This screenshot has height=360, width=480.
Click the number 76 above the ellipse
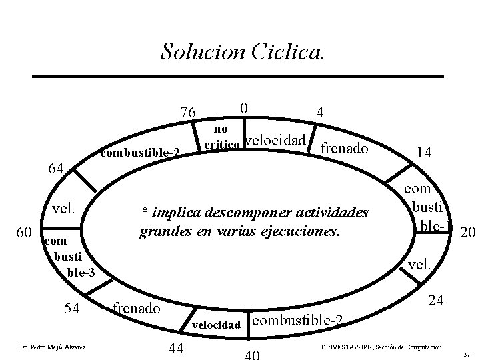[189, 111]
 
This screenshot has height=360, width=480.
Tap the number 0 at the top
[244, 107]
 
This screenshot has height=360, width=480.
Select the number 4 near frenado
[321, 113]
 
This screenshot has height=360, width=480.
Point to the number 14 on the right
[423, 152]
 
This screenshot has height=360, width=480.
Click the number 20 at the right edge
[468, 231]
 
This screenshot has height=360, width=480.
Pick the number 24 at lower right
[436, 301]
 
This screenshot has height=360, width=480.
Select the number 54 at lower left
[72, 308]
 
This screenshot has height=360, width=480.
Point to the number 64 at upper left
[54, 167]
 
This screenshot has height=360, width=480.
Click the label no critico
[218, 135]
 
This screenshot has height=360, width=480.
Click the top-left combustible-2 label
[139, 153]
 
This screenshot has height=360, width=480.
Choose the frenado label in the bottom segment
[136, 308]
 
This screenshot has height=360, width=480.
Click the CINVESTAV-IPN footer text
[381, 347]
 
